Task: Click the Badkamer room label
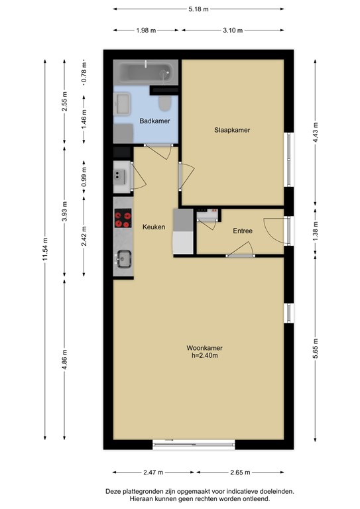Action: coord(154,121)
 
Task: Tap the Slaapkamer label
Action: coord(232,130)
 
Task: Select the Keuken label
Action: coord(154,227)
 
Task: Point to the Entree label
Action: coord(243,231)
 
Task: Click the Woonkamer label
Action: coord(204,348)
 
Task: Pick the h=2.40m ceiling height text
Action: coord(204,355)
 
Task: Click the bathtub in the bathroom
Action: coord(146,73)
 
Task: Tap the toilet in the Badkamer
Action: coord(165,103)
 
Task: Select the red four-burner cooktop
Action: coord(123,218)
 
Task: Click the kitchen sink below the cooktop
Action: coord(124,258)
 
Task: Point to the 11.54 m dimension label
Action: coord(45,249)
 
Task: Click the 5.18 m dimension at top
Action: coord(199,9)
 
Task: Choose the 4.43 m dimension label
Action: coord(315,133)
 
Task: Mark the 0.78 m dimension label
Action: coord(84,72)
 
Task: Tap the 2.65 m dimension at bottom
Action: coord(240,473)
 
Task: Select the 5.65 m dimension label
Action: coord(315,349)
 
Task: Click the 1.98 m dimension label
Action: coord(146,30)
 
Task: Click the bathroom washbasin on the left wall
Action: coord(122,104)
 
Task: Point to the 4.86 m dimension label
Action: coord(64,359)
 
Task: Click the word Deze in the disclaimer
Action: coord(113,492)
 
